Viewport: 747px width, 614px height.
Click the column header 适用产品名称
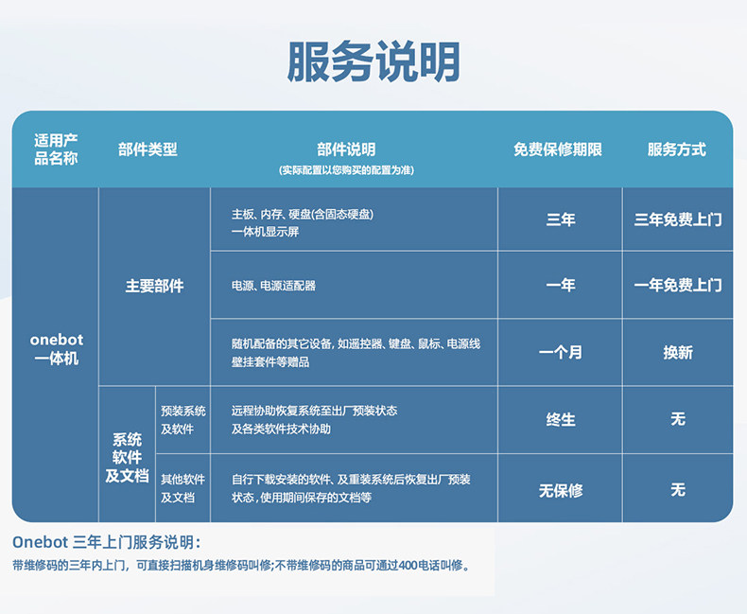pyautogui.click(x=56, y=149)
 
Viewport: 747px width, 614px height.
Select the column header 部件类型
pyautogui.click(x=148, y=149)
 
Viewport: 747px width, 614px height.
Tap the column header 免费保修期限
pyautogui.click(x=557, y=149)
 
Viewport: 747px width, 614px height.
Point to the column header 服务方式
pyautogui.click(x=676, y=149)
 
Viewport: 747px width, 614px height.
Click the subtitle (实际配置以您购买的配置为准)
pyautogui.click(x=346, y=170)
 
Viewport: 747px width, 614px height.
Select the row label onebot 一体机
pyautogui.click(x=56, y=349)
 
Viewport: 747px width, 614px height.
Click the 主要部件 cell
pyautogui.click(x=154, y=286)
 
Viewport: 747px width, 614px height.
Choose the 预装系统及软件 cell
pyautogui.click(x=182, y=420)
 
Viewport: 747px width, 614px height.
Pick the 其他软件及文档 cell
pyautogui.click(x=182, y=488)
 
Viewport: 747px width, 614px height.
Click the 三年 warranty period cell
pyautogui.click(x=561, y=219)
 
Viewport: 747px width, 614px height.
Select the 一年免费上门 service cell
pyautogui.click(x=678, y=285)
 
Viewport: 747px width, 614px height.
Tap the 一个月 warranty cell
pyautogui.click(x=561, y=353)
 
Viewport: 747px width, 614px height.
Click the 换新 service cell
pyautogui.click(x=678, y=353)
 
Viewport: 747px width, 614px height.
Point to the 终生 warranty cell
pyautogui.click(x=561, y=420)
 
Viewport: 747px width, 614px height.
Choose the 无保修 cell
pyautogui.click(x=561, y=490)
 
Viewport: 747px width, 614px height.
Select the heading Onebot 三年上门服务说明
pyautogui.click(x=107, y=542)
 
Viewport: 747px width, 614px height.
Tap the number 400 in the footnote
pyautogui.click(x=408, y=566)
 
